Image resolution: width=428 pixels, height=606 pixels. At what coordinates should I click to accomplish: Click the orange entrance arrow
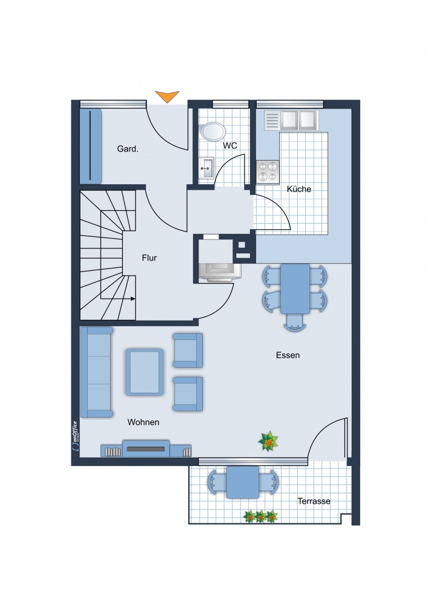(x=167, y=96)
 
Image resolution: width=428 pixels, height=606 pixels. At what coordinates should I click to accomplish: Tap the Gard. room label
(x=128, y=149)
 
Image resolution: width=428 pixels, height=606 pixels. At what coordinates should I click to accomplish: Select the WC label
(x=230, y=145)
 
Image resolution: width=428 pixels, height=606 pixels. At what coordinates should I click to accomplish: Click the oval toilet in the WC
(x=212, y=132)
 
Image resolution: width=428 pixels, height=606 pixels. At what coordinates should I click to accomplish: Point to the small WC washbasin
(x=206, y=168)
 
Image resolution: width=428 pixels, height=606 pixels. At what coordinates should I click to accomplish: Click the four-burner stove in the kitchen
(x=268, y=171)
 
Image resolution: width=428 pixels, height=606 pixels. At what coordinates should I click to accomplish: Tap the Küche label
(x=299, y=189)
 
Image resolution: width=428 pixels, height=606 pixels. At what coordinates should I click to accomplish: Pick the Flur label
(x=150, y=258)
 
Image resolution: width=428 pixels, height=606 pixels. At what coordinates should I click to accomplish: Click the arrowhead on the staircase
(x=133, y=299)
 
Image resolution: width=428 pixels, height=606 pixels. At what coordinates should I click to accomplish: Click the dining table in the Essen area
(x=295, y=288)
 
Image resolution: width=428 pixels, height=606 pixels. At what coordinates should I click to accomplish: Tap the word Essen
(x=288, y=355)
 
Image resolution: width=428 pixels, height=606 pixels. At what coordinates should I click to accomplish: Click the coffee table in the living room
(x=144, y=372)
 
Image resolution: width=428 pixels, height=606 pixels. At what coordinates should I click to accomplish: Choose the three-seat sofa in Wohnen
(x=96, y=372)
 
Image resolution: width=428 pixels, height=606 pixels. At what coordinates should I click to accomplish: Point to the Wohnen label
(x=143, y=422)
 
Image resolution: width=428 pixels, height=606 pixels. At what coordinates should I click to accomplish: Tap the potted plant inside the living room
(x=268, y=441)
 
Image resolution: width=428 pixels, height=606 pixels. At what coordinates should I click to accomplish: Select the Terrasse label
(x=314, y=501)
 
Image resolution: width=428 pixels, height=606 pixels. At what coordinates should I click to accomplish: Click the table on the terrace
(x=243, y=482)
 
